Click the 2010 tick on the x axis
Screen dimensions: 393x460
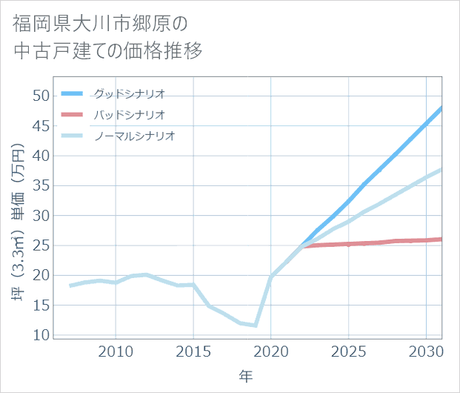pyautogui.click(x=116, y=349)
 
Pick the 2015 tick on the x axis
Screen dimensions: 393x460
pyautogui.click(x=193, y=349)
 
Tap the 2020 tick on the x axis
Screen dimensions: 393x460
pyautogui.click(x=271, y=349)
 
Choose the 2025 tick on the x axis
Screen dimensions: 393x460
pyautogui.click(x=348, y=349)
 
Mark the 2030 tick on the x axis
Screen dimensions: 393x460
pyautogui.click(x=426, y=349)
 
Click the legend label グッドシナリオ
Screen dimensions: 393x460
pyautogui.click(x=129, y=93)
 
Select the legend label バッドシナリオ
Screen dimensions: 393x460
pyautogui.click(x=129, y=115)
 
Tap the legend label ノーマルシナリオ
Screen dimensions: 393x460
pyautogui.click(x=134, y=136)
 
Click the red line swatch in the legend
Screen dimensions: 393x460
pyautogui.click(x=72, y=115)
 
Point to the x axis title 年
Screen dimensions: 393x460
pyautogui.click(x=245, y=376)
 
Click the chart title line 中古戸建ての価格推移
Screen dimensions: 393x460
pyautogui.click(x=107, y=51)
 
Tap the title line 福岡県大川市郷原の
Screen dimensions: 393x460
pyautogui.click(x=100, y=23)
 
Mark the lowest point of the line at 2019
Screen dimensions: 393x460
pyautogui.click(x=256, y=326)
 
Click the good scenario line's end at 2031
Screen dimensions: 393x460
pyautogui.click(x=441, y=108)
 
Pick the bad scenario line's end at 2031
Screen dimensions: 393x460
pyautogui.click(x=441, y=239)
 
